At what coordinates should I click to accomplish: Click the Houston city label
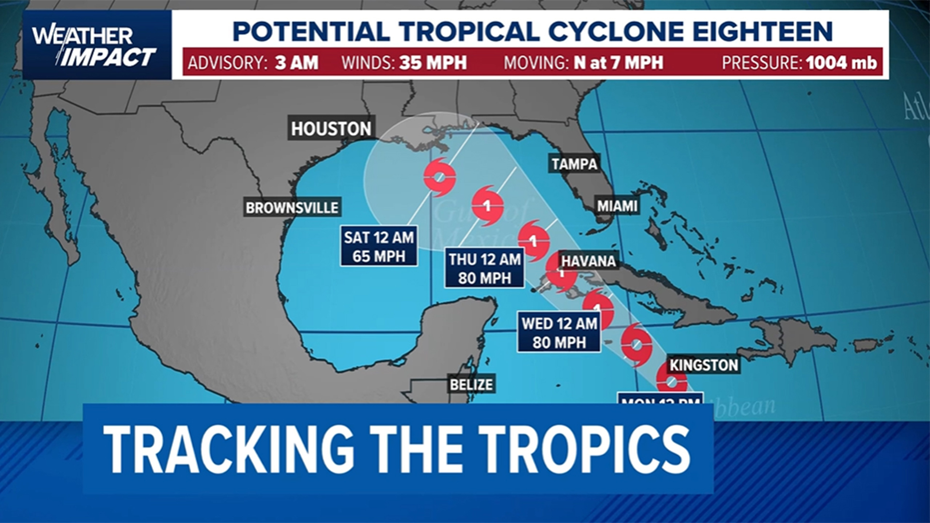point(331,128)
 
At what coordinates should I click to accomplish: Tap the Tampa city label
point(574,164)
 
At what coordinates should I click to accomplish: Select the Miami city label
point(617,206)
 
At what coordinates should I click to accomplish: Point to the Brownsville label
point(292,208)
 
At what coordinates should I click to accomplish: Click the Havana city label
point(589,261)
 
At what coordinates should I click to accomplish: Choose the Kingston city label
point(704,365)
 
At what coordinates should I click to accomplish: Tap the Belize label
point(471,385)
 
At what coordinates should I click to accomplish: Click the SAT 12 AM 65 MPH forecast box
point(379,246)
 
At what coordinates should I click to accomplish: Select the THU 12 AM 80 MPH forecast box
point(484,269)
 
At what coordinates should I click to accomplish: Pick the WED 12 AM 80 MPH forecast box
point(559,333)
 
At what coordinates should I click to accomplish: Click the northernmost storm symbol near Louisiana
point(439,177)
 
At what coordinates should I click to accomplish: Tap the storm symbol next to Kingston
point(671,381)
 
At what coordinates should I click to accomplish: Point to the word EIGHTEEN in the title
point(762,32)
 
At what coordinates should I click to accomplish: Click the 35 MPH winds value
point(433,63)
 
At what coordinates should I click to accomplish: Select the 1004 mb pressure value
point(841,63)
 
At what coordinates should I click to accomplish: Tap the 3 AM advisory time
point(296,63)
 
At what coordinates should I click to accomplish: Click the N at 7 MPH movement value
point(619,63)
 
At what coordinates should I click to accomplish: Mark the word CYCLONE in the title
point(615,32)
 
